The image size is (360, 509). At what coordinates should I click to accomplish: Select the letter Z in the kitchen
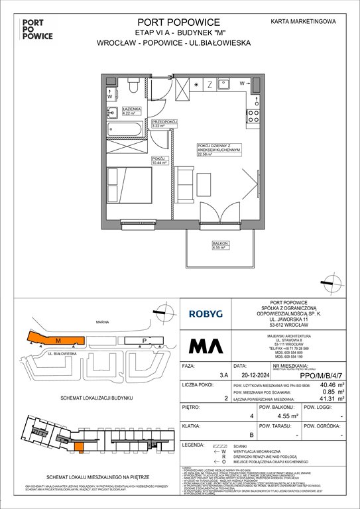(x=210, y=84)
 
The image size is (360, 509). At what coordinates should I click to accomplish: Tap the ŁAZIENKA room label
(x=129, y=110)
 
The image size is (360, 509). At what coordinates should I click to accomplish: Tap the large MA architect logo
(x=207, y=347)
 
